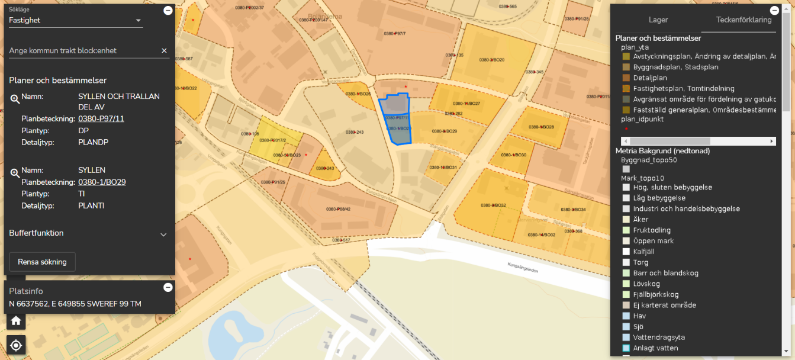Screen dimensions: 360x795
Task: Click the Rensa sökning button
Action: click(x=42, y=262)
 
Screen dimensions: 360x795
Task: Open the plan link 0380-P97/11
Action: click(x=102, y=118)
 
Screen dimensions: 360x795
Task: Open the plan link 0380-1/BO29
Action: click(x=102, y=182)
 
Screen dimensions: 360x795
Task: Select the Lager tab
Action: click(x=658, y=20)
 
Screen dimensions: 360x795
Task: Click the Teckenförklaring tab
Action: click(x=743, y=20)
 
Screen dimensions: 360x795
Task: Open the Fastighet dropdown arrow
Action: click(x=139, y=21)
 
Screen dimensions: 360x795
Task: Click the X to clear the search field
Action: click(x=165, y=51)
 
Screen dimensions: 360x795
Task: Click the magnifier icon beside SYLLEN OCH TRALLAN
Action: click(x=15, y=99)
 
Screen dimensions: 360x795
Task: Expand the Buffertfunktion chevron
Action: click(x=164, y=234)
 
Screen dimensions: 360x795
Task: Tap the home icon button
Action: click(x=16, y=321)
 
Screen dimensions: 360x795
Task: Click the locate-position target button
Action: click(x=16, y=345)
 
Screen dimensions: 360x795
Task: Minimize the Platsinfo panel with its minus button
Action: click(x=168, y=287)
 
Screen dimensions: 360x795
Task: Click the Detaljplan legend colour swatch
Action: click(x=626, y=78)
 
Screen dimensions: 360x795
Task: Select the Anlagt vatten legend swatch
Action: click(x=626, y=348)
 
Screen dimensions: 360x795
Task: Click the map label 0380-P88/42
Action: click(x=338, y=209)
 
